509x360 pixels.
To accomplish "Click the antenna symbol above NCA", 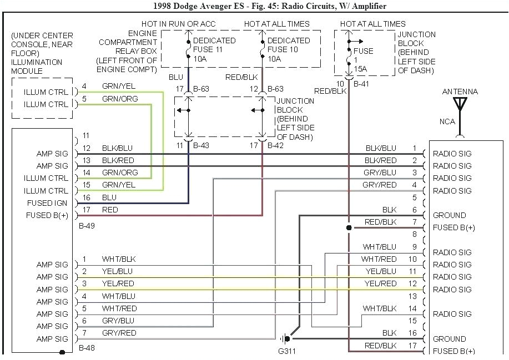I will [460, 104].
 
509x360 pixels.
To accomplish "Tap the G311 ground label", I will [288, 351].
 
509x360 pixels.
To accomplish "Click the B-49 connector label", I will [87, 226].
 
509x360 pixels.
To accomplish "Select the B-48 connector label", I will [87, 348].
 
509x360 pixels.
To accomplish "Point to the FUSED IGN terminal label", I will [47, 203].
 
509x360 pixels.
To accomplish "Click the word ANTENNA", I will [460, 92].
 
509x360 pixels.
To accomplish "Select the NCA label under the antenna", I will [448, 121].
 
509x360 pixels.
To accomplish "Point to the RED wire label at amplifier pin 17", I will [110, 210].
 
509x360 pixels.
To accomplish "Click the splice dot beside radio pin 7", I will [349, 227].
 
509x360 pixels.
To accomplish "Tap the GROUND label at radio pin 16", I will [449, 338].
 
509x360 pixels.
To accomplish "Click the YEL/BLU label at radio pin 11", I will [381, 271].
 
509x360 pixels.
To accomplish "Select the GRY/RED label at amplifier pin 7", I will [119, 333].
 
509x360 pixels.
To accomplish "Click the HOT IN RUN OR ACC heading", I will [178, 24].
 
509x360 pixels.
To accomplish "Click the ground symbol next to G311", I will [286, 338].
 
